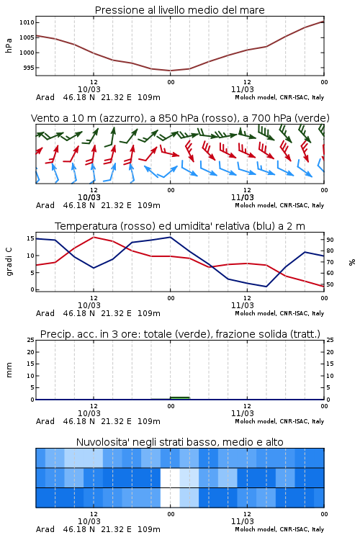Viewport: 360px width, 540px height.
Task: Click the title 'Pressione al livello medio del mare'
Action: pyautogui.click(x=179, y=10)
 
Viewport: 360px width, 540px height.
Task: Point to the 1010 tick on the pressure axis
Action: pyautogui.click(x=27, y=22)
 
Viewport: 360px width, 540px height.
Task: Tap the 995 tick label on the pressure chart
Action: pyautogui.click(x=29, y=68)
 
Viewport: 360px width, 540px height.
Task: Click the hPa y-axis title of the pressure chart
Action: pyautogui.click(x=9, y=45)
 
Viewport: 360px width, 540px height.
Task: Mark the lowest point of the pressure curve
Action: pyautogui.click(x=170, y=71)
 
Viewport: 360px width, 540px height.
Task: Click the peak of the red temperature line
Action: pyautogui.click(x=94, y=237)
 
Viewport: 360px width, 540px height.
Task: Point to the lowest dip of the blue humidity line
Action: pyautogui.click(x=266, y=287)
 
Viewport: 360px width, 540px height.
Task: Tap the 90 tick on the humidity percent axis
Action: pyautogui.click(x=330, y=240)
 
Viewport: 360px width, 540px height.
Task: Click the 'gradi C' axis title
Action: pyautogui.click(x=9, y=262)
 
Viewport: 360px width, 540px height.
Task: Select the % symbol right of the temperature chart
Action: pyautogui.click(x=352, y=262)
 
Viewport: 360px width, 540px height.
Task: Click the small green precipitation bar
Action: pyautogui.click(x=179, y=398)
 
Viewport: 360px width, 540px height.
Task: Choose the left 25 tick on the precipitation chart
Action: pyautogui.click(x=31, y=340)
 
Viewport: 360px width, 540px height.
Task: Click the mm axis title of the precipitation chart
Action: pyautogui.click(x=9, y=370)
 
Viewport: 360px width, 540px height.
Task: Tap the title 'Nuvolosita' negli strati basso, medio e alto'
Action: pyautogui.click(x=179, y=442)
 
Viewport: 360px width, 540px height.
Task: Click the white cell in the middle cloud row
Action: pyautogui.click(x=170, y=477)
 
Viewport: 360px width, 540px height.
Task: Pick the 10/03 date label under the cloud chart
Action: pyautogui.click(x=89, y=521)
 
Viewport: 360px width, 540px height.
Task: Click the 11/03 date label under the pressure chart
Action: pyautogui.click(x=242, y=89)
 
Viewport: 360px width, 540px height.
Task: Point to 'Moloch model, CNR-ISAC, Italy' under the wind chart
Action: pyautogui.click(x=279, y=205)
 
